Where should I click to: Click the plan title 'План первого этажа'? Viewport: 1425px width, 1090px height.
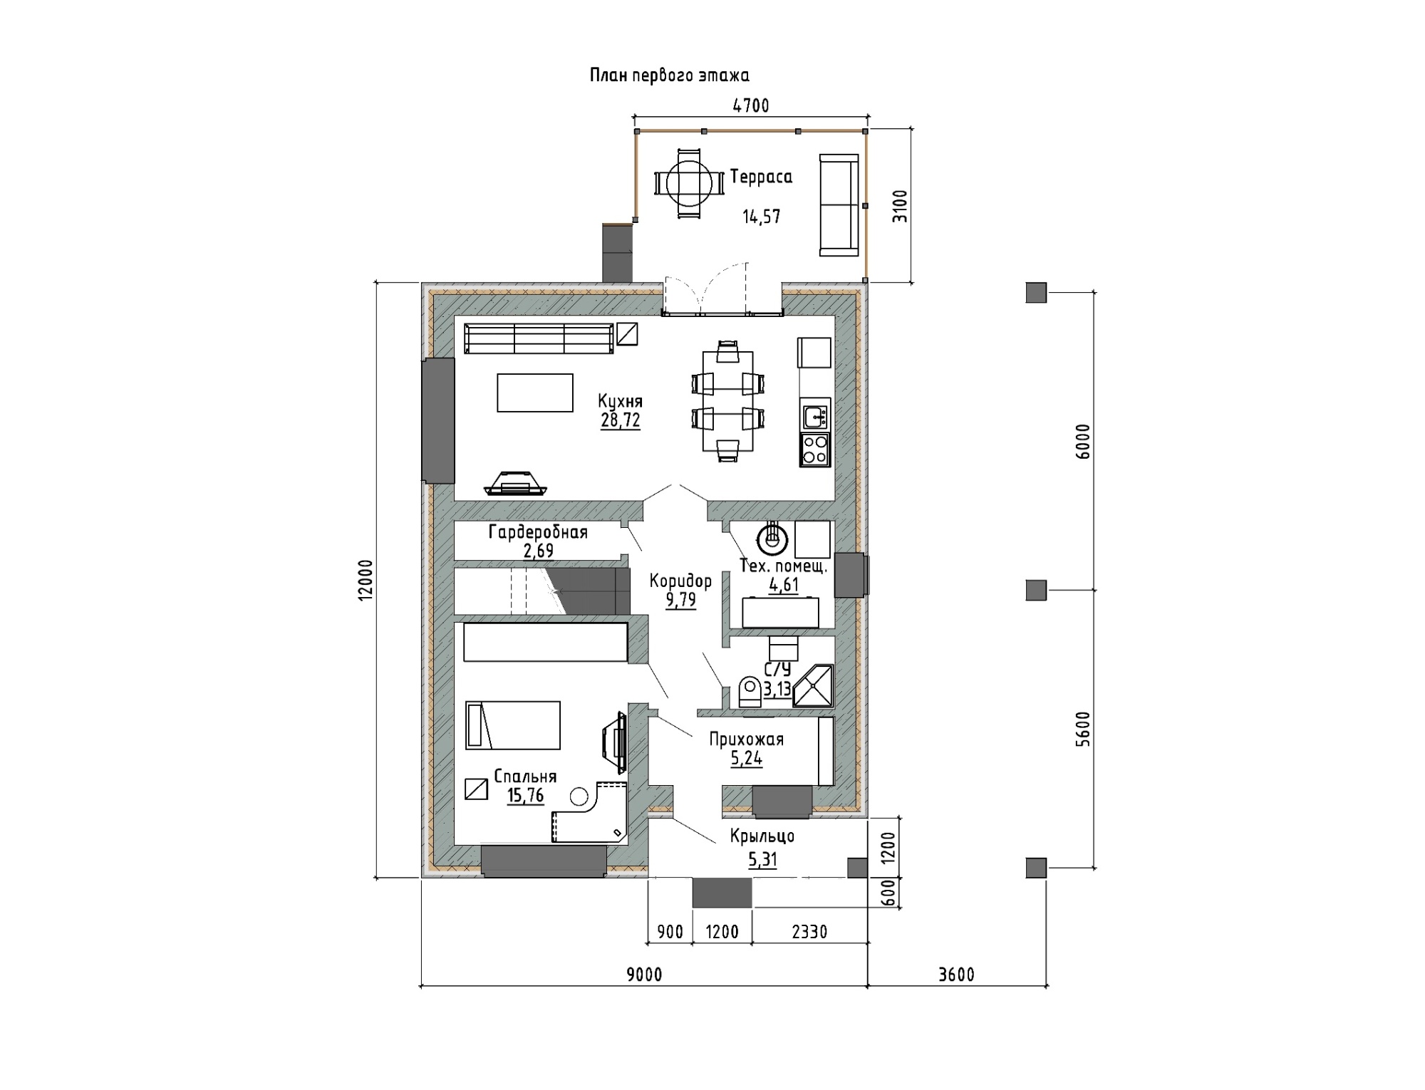pyautogui.click(x=669, y=76)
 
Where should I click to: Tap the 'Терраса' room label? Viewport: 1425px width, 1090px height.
pyautogui.click(x=761, y=177)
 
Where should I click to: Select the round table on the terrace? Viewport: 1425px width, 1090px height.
pyautogui.click(x=689, y=183)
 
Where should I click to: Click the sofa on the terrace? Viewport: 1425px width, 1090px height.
pyautogui.click(x=839, y=205)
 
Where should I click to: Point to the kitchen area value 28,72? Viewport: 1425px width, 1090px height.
pyautogui.click(x=621, y=420)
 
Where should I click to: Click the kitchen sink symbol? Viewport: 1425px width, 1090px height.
pyautogui.click(x=815, y=415)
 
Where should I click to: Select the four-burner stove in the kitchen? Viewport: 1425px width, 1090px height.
pyautogui.click(x=815, y=450)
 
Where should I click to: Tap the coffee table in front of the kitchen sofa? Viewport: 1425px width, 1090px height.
pyautogui.click(x=535, y=393)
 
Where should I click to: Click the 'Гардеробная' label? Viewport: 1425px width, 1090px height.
pyautogui.click(x=538, y=532)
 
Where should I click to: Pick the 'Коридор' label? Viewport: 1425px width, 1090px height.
pyautogui.click(x=680, y=581)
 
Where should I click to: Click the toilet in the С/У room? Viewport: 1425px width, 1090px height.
pyautogui.click(x=750, y=692)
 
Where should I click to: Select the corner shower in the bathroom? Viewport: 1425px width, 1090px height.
pyautogui.click(x=813, y=685)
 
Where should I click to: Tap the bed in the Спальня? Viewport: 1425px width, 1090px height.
pyautogui.click(x=513, y=725)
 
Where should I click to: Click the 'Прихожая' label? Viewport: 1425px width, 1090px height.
pyautogui.click(x=746, y=739)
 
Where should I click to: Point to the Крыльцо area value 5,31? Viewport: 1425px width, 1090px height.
pyautogui.click(x=762, y=860)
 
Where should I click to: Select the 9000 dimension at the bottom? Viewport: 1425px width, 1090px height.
pyautogui.click(x=644, y=974)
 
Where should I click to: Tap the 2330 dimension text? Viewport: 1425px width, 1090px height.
pyautogui.click(x=809, y=932)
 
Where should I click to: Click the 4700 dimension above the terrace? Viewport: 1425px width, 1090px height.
pyautogui.click(x=751, y=106)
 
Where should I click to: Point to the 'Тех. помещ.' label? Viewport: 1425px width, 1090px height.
pyautogui.click(x=784, y=567)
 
